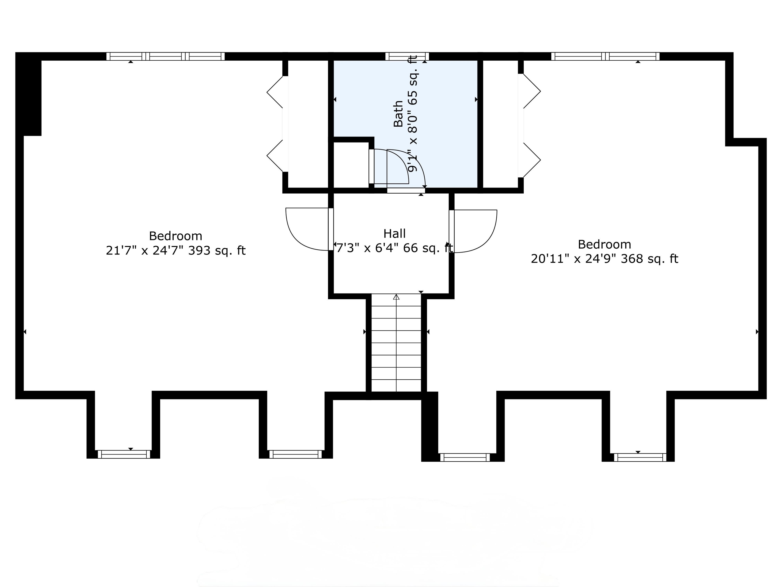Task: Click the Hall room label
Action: click(x=395, y=234)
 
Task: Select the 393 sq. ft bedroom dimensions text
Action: click(x=175, y=250)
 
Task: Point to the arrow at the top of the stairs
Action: click(x=396, y=297)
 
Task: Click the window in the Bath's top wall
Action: click(x=407, y=56)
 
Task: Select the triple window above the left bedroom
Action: click(x=165, y=56)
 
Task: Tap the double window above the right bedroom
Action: click(x=605, y=56)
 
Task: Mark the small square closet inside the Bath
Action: click(x=351, y=165)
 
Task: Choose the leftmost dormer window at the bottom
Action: click(x=124, y=454)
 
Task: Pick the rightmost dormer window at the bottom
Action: click(x=640, y=457)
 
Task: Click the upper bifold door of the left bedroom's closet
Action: click(x=276, y=92)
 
